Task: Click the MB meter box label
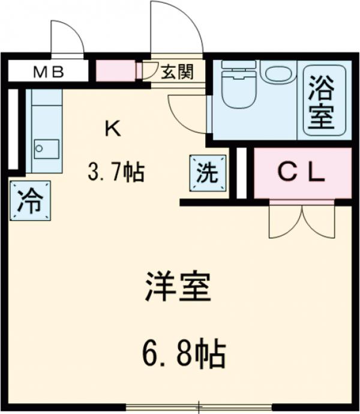(x=48, y=73)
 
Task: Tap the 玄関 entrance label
(x=176, y=73)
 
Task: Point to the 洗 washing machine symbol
(x=209, y=173)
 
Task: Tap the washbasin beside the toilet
(x=277, y=73)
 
